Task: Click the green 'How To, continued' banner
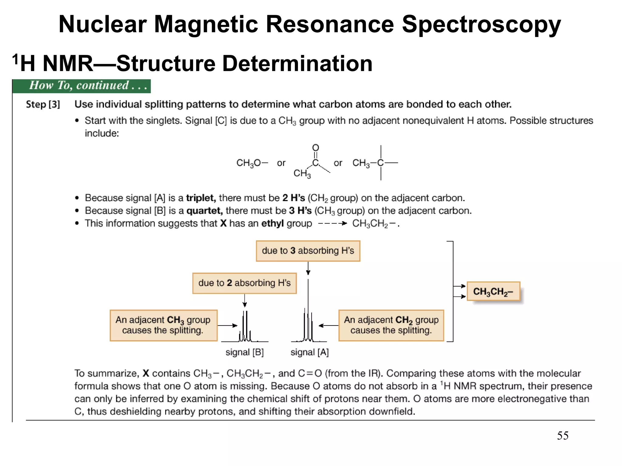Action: coord(81,86)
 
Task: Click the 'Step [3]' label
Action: coord(43,104)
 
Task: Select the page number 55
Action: coord(562,436)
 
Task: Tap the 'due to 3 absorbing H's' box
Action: coord(308,251)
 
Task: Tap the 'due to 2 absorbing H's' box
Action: coord(244,283)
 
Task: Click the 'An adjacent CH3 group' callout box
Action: coord(163,325)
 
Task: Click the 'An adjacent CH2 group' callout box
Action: coord(391,325)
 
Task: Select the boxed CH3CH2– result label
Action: coord(493,292)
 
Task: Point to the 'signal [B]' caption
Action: coord(244,352)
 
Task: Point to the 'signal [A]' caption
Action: coord(309,352)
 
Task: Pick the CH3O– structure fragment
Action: coord(252,163)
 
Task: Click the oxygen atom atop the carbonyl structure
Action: coord(316,148)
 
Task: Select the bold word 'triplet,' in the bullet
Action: coord(201,198)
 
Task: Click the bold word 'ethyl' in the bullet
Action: coord(272,224)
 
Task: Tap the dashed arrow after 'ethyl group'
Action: coord(332,224)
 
